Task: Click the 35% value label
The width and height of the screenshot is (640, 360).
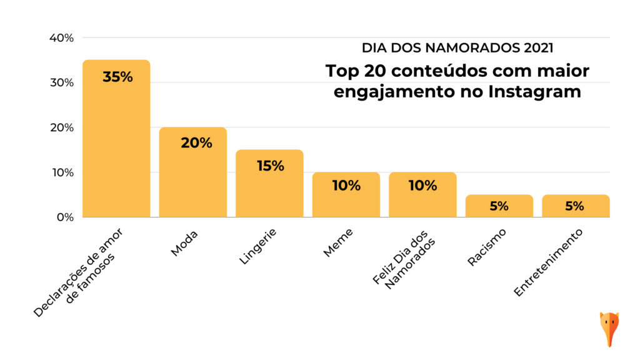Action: click(x=117, y=77)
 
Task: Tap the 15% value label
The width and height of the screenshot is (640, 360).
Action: click(x=270, y=166)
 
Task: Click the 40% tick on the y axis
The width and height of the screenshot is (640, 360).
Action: click(x=61, y=37)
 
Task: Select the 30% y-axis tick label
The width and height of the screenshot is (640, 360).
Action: click(x=61, y=82)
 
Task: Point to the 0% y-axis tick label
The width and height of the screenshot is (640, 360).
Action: click(x=64, y=217)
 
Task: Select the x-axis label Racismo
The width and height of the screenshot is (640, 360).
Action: click(x=486, y=247)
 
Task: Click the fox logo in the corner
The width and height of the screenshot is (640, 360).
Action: click(x=609, y=327)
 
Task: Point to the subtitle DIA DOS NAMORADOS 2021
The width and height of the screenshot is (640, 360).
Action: click(x=457, y=47)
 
